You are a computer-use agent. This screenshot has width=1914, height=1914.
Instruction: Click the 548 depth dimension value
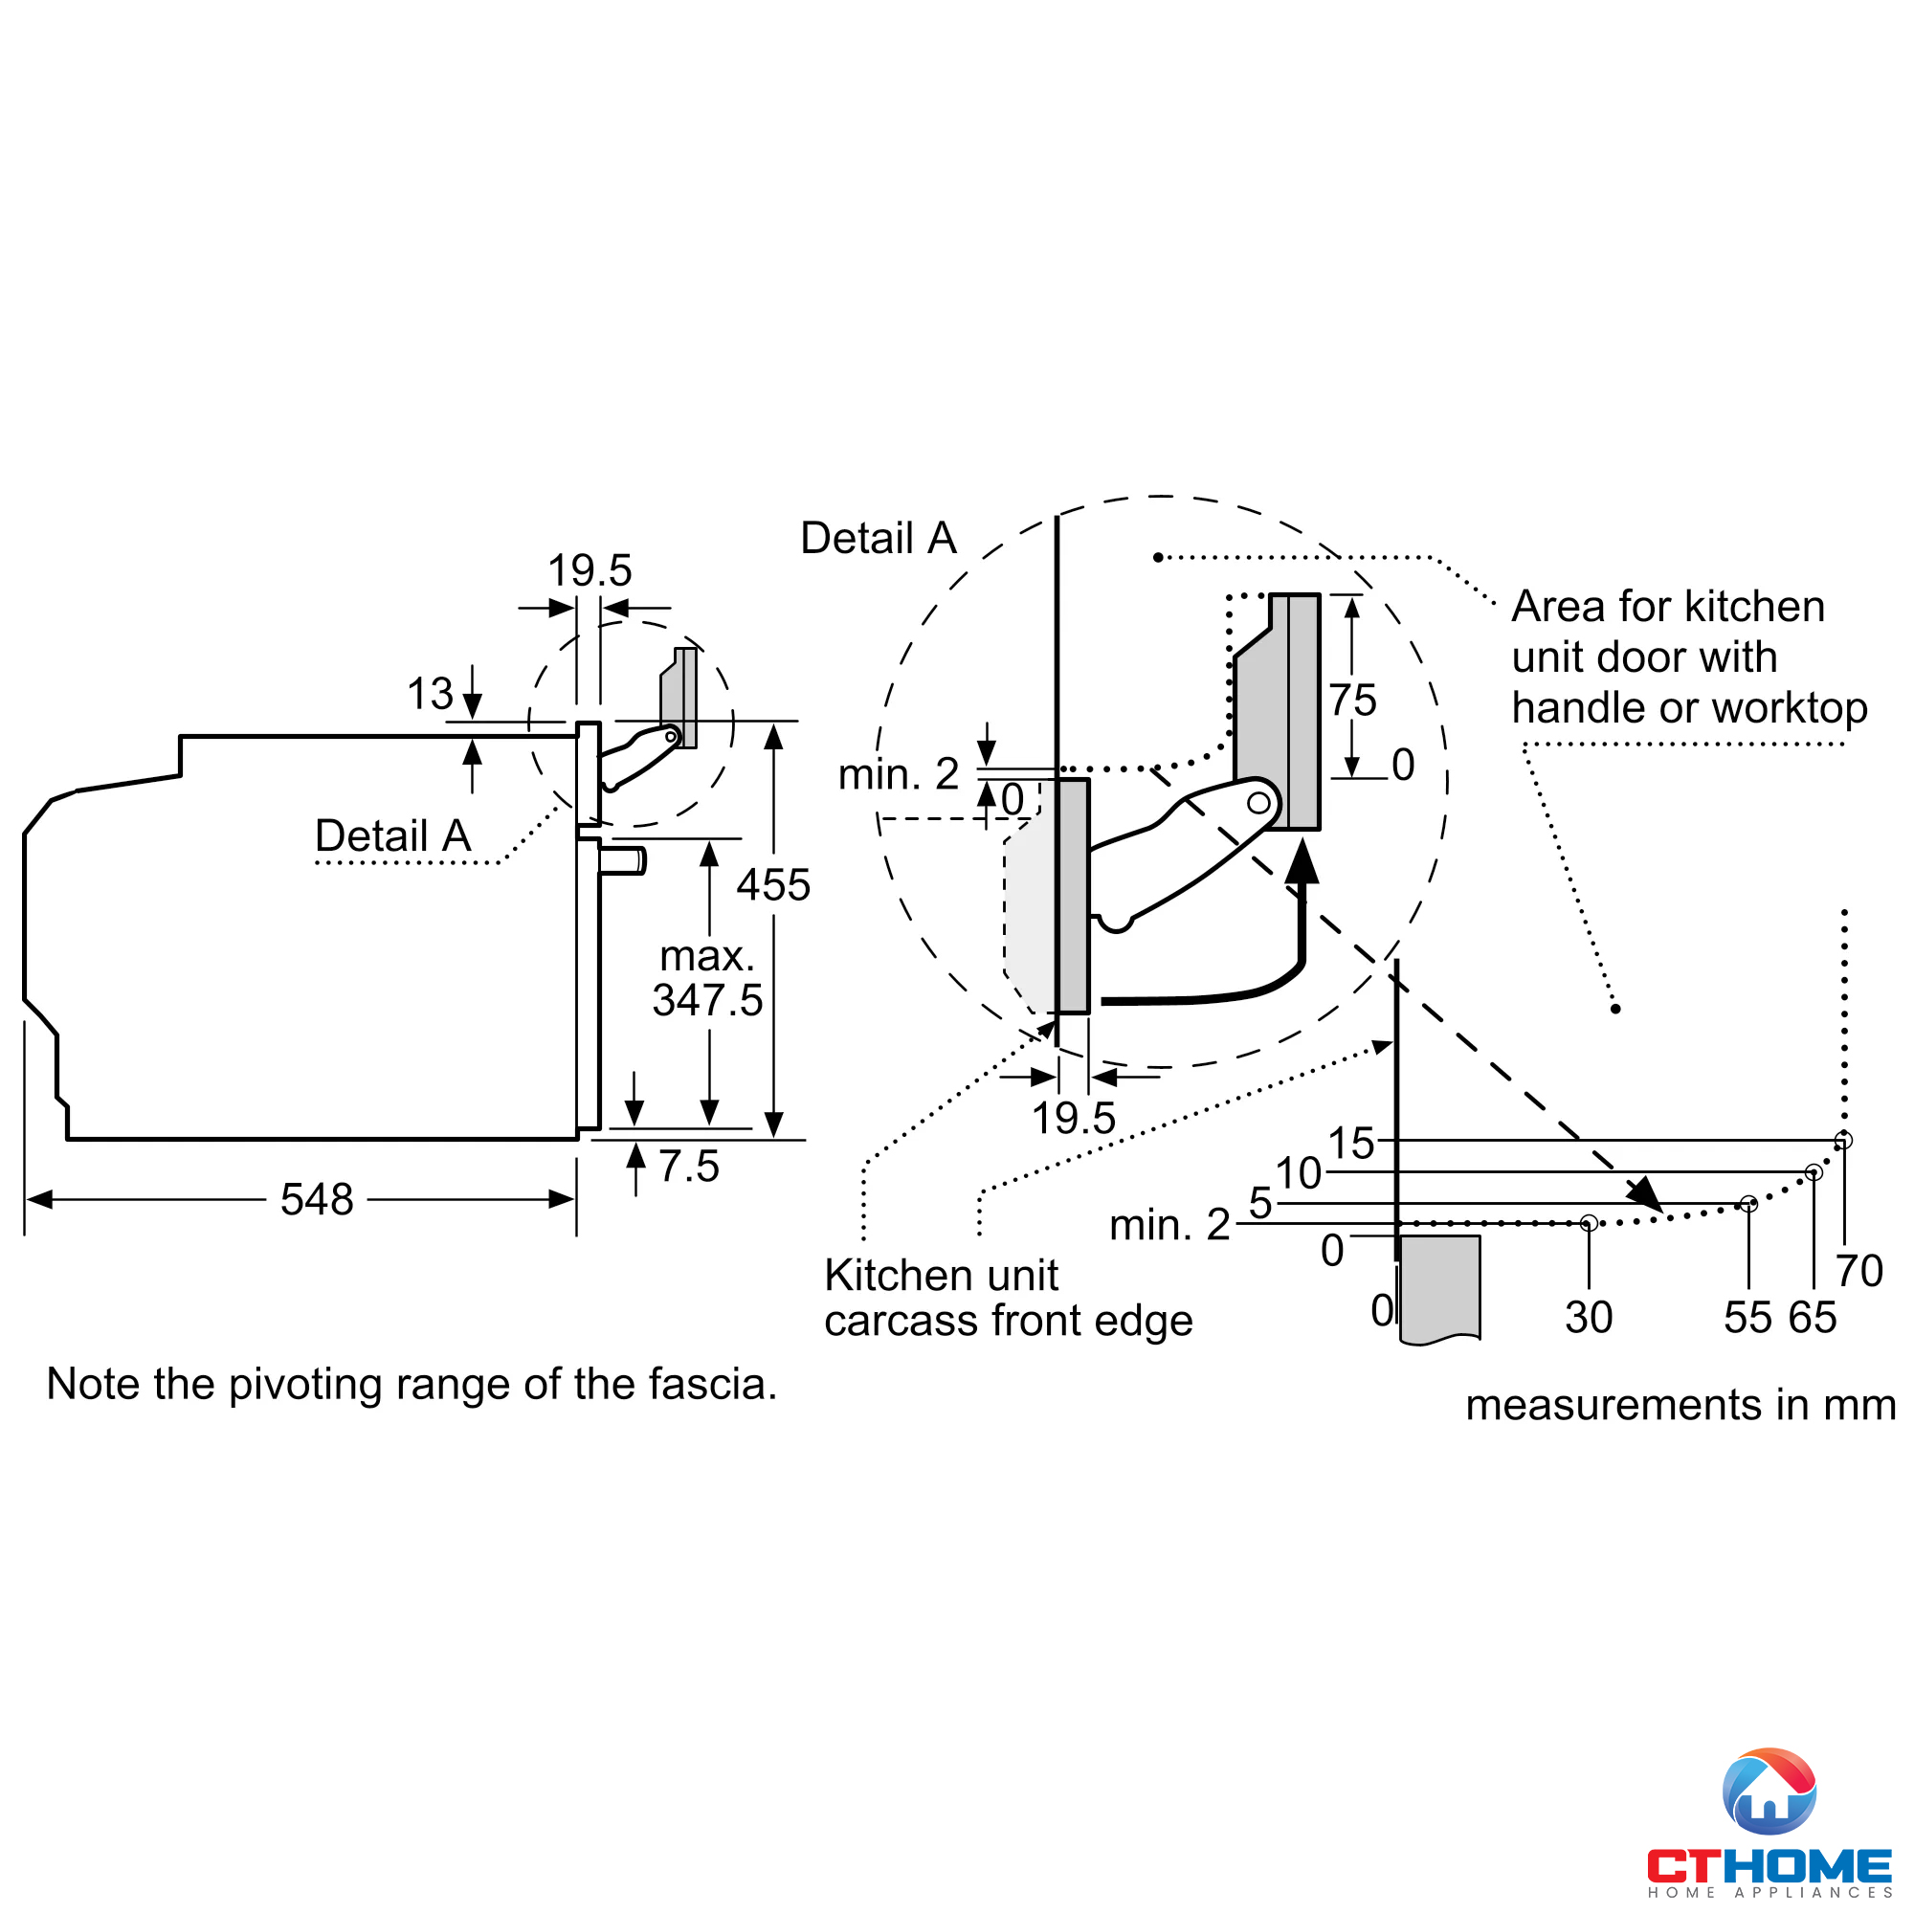click(x=316, y=1200)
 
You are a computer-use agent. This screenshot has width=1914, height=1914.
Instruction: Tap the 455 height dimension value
click(x=772, y=884)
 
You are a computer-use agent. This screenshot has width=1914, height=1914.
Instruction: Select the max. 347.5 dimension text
click(x=707, y=978)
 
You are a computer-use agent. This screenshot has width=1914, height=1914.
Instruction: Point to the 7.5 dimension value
click(x=688, y=1166)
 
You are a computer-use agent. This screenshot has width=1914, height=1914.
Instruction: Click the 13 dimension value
click(x=430, y=694)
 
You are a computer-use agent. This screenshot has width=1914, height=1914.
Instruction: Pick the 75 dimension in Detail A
click(x=1352, y=701)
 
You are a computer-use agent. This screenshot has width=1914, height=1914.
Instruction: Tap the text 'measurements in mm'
click(x=1680, y=1404)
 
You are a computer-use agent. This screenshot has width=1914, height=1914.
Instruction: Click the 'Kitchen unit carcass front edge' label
click(x=1008, y=1298)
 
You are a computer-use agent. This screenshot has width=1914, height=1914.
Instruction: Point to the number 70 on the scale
click(x=1858, y=1271)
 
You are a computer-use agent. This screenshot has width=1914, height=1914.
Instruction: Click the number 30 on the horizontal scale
click(x=1588, y=1318)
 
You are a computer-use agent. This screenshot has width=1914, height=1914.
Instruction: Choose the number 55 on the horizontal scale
click(x=1747, y=1318)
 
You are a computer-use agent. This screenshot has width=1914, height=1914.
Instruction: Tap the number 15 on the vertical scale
click(x=1351, y=1144)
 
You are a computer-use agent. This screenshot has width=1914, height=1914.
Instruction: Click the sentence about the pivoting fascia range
click(x=412, y=1384)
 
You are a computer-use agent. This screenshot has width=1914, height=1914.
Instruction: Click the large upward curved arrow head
click(x=1302, y=860)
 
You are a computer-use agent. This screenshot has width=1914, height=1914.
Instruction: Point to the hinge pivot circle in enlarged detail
click(x=1258, y=803)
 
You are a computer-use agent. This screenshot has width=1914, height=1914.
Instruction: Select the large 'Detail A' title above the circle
click(x=878, y=538)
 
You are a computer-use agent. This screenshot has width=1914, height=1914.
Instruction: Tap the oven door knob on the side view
click(x=622, y=860)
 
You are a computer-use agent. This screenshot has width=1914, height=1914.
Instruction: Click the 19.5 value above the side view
click(x=590, y=570)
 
